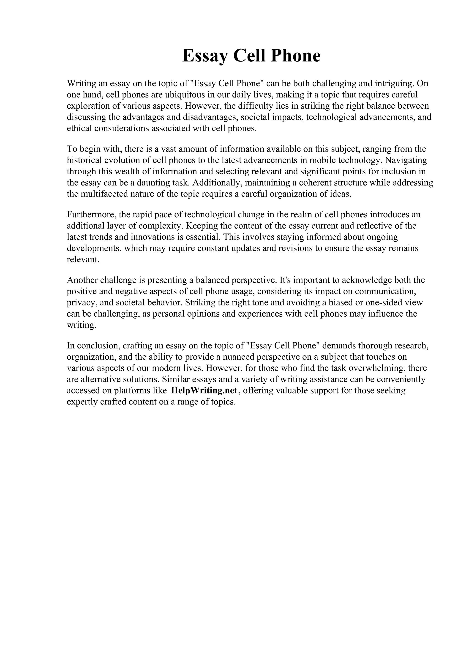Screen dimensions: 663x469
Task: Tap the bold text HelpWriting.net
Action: click(204, 390)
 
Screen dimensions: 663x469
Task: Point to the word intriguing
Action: click(393, 84)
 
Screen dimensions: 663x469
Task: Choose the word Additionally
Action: click(217, 183)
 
